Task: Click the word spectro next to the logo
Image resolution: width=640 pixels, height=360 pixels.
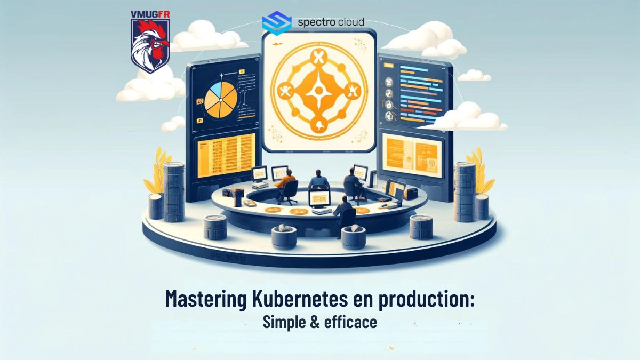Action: [315, 22]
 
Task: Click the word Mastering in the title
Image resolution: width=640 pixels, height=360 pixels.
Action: [204, 299]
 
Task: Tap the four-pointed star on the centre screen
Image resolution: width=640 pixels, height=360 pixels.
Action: [319, 91]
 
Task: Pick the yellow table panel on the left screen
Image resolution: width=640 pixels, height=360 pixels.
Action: [224, 155]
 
